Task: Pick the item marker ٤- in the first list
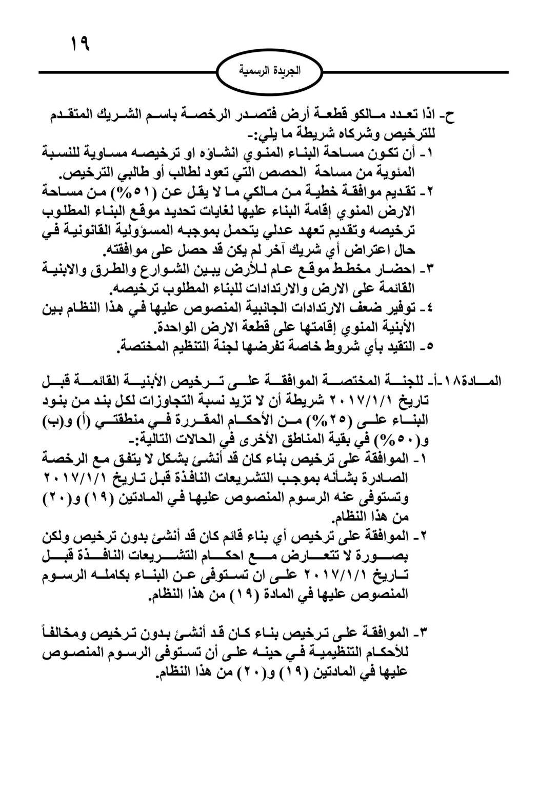(427, 308)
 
